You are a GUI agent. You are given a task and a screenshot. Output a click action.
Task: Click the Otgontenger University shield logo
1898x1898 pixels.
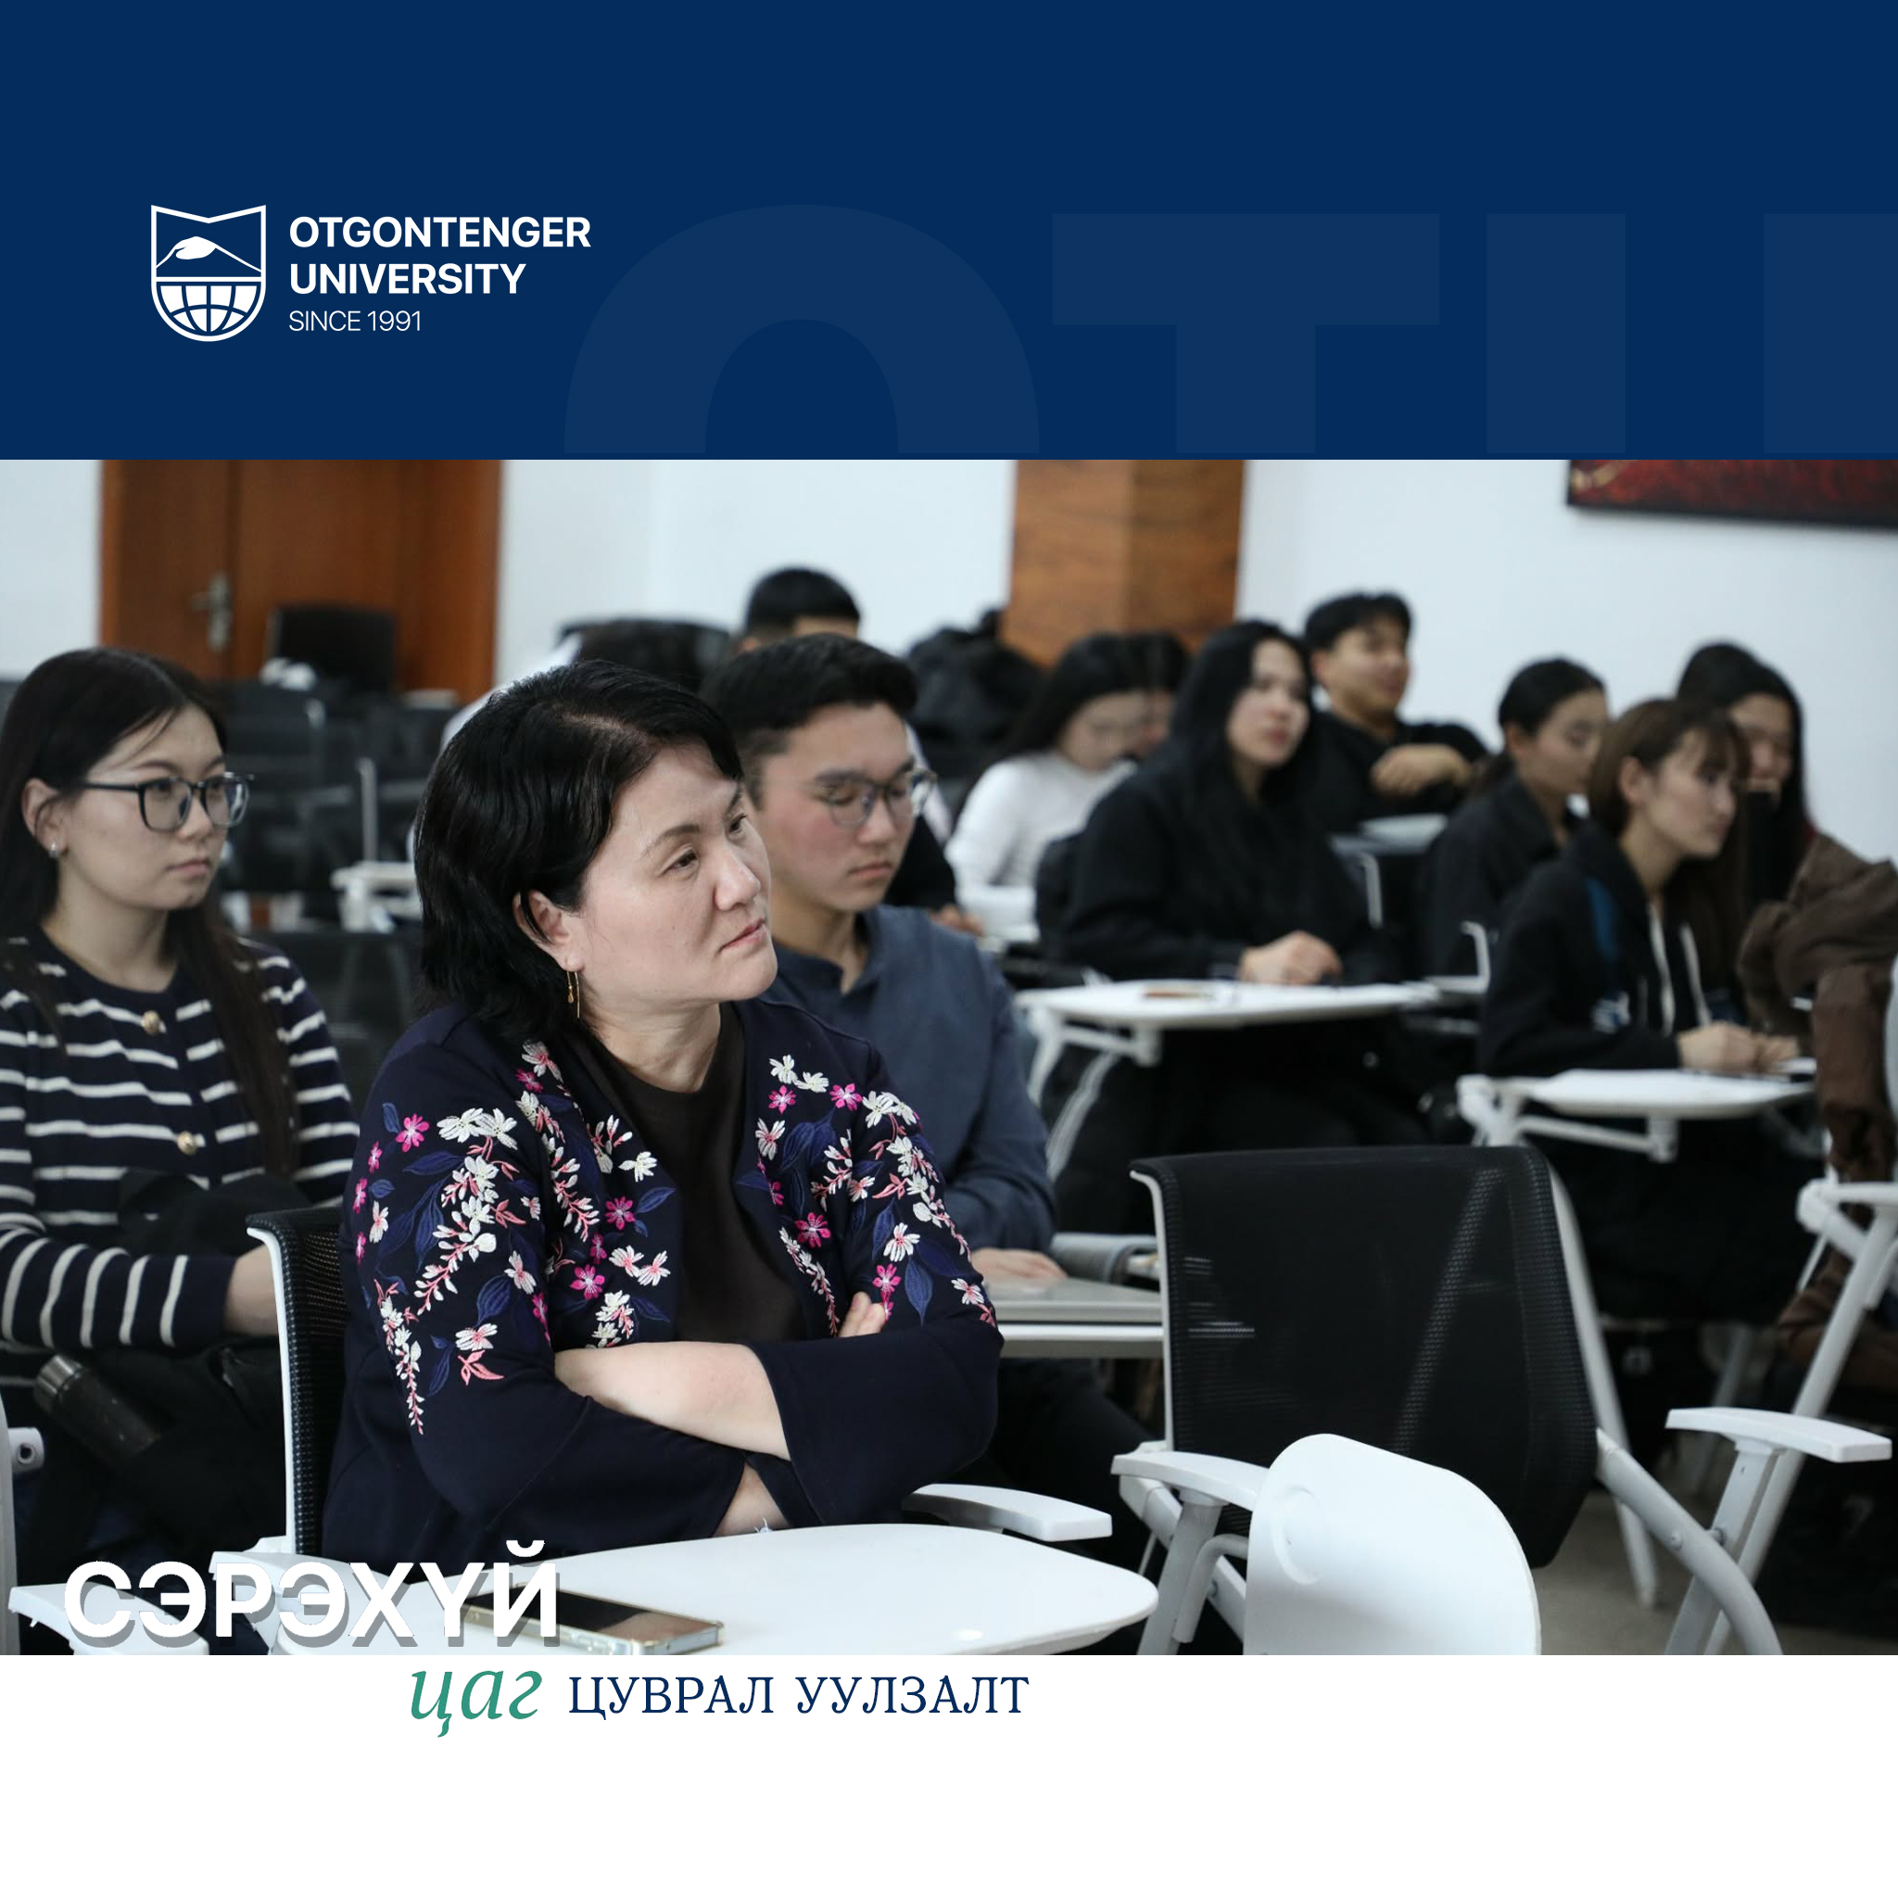pos(209,272)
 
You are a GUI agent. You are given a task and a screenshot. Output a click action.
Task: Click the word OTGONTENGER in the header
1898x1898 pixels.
pos(439,233)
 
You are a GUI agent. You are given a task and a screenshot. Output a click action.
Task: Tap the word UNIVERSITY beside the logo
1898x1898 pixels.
pos(407,279)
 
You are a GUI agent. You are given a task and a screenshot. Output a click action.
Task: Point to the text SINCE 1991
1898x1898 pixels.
pos(355,322)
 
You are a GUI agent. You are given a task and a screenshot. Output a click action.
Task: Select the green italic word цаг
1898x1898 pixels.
pos(475,1697)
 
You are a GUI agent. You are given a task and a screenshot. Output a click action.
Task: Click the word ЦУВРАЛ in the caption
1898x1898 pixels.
pos(671,1697)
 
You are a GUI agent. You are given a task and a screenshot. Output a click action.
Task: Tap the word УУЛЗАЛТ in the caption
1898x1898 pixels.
pos(912,1697)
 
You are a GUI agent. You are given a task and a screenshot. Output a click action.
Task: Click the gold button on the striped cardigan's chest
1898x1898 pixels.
pos(153,1023)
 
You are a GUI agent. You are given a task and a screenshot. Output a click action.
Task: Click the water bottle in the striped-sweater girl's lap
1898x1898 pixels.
pos(94,1406)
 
